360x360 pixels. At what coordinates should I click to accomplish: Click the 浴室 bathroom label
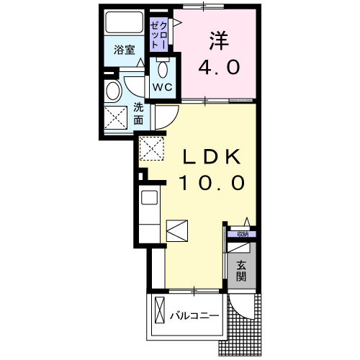(x=125, y=50)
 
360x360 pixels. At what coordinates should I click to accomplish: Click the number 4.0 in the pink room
(x=219, y=68)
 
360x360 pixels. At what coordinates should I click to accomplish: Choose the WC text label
(x=161, y=87)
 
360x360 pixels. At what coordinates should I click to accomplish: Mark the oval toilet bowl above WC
(x=161, y=70)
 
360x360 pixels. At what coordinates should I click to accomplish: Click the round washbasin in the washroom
(x=113, y=91)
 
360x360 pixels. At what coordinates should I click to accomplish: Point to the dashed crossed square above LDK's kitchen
(x=152, y=148)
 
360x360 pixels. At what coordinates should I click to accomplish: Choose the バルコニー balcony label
(x=194, y=315)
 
